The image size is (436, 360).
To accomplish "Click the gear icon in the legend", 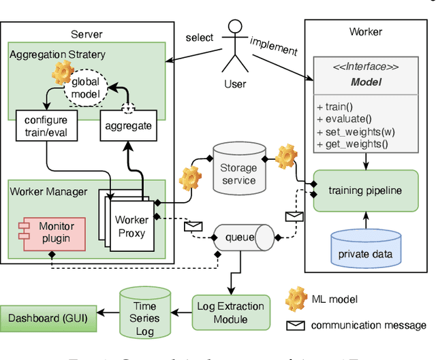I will point(296,299).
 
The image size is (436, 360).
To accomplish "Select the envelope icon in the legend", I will point(296,325).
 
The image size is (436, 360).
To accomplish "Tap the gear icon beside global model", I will point(63,71).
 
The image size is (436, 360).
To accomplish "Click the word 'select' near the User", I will point(200,39).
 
